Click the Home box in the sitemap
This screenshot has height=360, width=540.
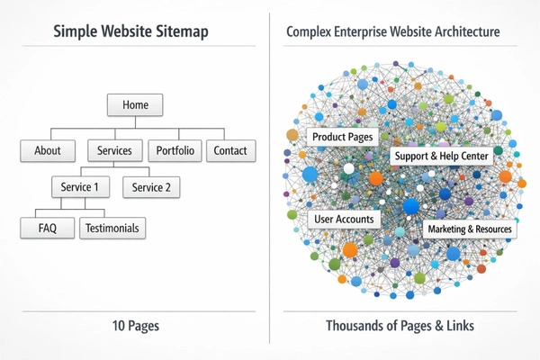pos(135,104)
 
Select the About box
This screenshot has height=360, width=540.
pos(48,150)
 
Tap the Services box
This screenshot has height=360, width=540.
pos(114,150)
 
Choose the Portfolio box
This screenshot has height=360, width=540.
pos(174,150)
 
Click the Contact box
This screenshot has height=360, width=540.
pos(230,150)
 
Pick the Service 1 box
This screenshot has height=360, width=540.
pos(80,187)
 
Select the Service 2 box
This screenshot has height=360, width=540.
pos(151,187)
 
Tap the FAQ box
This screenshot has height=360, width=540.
pos(48,229)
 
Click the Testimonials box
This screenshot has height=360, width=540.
pos(112,229)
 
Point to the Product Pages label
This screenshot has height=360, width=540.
pos(342,137)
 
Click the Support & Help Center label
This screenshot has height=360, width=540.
pos(441,157)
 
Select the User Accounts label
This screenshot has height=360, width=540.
pos(344,219)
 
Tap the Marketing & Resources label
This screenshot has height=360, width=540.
pos(470,229)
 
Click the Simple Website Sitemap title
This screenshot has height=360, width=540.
pos(130,32)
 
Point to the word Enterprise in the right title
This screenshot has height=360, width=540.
pos(369,32)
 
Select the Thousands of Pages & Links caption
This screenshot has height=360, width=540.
pos(400,326)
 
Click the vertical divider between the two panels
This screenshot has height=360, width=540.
pos(270,180)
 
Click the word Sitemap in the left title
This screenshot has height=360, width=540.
pos(183,32)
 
